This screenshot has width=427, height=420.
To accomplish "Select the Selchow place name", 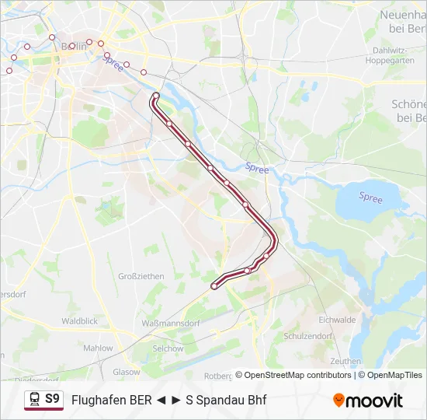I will tap(168, 348).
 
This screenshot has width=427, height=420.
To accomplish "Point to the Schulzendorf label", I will tap(308, 336).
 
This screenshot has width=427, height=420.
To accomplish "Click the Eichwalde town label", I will tap(337, 319).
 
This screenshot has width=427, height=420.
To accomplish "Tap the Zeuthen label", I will tap(345, 361).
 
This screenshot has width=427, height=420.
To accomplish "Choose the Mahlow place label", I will tap(99, 348).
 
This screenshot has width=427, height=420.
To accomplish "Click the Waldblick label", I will tap(79, 320).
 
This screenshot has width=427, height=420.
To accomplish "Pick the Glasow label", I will tap(126, 372).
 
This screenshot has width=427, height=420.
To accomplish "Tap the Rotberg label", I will tap(218, 376).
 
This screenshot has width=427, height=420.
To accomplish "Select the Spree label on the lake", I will tap(370, 198).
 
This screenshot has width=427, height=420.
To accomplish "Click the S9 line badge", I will tap(52, 398).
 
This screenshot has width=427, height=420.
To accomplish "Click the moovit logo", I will tap(368, 401).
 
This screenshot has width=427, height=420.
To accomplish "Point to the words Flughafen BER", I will tap(112, 401).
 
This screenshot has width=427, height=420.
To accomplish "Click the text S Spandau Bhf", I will tap(226, 401).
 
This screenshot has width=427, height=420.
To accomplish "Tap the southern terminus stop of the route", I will tap(214, 286).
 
